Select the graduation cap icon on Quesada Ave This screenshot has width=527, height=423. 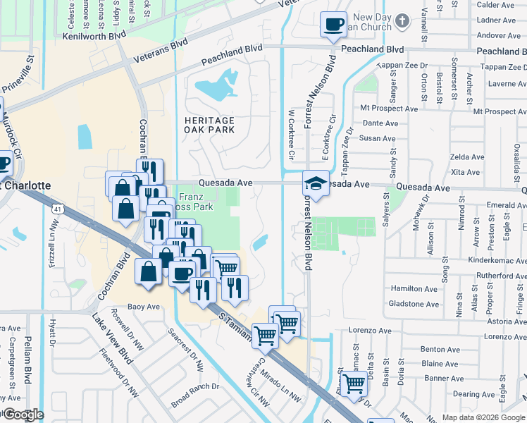click(316, 184)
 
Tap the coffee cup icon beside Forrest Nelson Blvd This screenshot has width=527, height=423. click(333, 25)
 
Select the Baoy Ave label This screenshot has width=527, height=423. click(144, 307)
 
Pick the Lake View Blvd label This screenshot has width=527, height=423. click(111, 338)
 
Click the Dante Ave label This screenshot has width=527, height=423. click(379, 123)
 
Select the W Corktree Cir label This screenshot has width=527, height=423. click(290, 137)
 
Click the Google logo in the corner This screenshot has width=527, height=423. click(23, 415)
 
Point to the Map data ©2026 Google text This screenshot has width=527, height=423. click(483, 417)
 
